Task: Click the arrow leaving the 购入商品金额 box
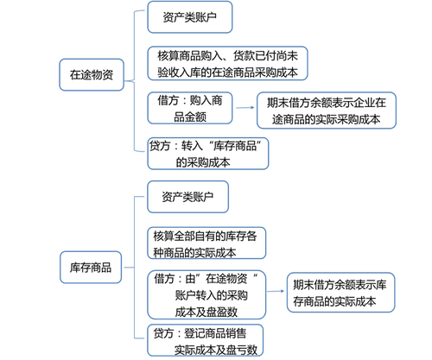coord(245,108)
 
